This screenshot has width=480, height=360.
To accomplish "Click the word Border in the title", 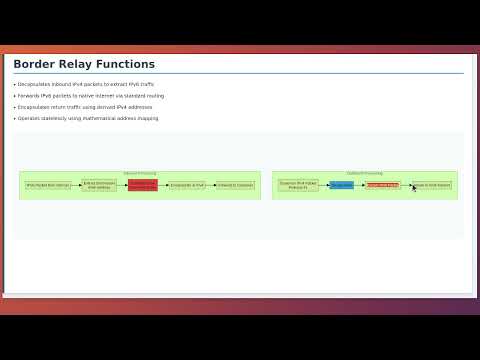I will point(31,65).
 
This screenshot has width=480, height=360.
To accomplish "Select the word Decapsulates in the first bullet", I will point(33,85).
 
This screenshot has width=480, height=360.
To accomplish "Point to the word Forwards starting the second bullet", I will point(29,96).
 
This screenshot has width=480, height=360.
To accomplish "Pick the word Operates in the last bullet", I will point(29,118).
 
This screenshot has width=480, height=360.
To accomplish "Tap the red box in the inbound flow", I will point(143,185).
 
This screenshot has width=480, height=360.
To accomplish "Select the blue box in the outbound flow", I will point(341,185).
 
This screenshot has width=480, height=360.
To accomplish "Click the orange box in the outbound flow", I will point(382,185).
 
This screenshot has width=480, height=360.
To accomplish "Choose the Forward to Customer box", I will point(235,185).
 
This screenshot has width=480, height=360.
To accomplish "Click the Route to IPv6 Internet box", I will point(432,185).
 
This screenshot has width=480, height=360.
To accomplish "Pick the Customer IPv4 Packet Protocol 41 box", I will point(298,185).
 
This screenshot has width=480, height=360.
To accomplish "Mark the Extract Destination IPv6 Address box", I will point(99,185).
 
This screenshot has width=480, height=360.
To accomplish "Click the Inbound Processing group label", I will point(140,173).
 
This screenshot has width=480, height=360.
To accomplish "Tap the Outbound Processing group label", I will point(365,173).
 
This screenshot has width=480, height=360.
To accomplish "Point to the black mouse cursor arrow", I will point(414,187).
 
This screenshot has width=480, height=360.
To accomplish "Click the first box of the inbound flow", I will point(48,185).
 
